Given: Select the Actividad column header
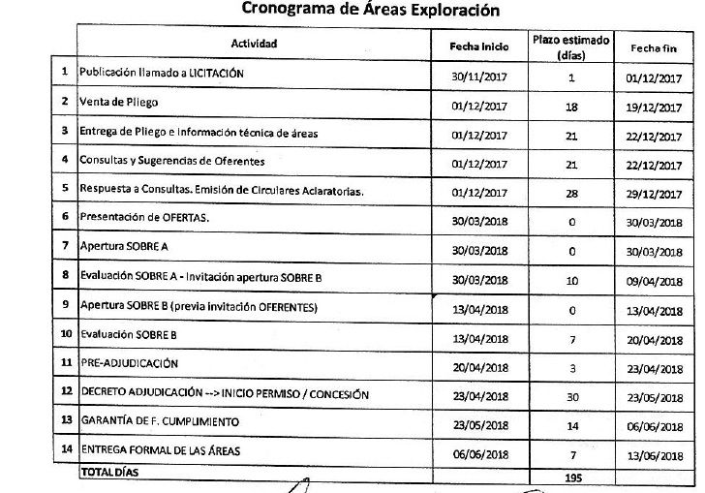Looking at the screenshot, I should point(254,45).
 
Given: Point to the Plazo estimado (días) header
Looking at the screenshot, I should point(571,47).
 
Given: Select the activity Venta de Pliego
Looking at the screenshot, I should point(119,102).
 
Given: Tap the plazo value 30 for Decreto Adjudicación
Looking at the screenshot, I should point(571,395).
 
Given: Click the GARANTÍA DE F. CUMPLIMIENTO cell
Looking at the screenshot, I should point(161,421).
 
